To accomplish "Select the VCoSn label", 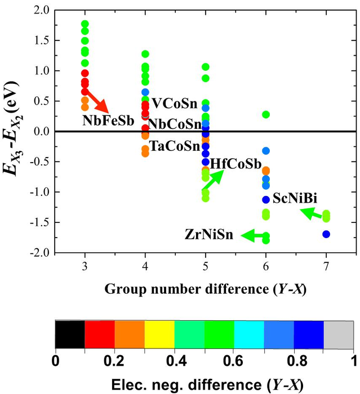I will coord(174,104).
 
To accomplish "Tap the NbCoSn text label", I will coord(175,124).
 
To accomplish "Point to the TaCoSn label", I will coord(175,146).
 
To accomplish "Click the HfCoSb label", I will coord(235,164).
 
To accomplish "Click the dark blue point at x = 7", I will coord(326,234).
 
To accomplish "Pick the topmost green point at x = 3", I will coord(85,24).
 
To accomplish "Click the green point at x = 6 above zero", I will coord(266,114).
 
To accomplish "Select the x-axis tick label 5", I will coord(206,267).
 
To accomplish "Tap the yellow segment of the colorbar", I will coord(159,335).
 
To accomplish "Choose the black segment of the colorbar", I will coord(70,335).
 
